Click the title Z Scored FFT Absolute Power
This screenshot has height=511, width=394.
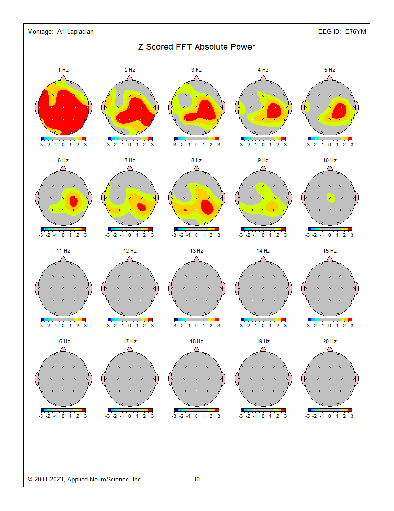pos(197,47)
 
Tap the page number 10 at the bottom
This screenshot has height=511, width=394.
pos(197,480)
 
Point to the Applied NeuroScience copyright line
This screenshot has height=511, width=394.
pos(85,480)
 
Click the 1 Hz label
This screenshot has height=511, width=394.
pos(63,70)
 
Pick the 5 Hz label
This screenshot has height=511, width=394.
pos(330,70)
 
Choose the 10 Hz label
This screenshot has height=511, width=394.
pos(330,160)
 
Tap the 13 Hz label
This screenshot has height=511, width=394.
pos(197,251)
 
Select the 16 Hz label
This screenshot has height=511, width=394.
pos(63,341)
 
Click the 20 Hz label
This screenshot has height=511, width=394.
pos(330,341)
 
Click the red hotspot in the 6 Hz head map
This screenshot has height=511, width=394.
pos(73,201)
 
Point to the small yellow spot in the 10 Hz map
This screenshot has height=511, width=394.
pos(330,197)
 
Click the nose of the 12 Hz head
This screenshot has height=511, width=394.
pos(130,259)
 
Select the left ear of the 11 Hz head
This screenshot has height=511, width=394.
pos(37,288)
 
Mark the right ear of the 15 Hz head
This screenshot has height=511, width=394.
pos(356,288)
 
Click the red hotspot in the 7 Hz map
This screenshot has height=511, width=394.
pos(141,207)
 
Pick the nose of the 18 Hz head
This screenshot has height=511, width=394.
pos(197,350)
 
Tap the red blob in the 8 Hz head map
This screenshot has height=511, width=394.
pos(208,207)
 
